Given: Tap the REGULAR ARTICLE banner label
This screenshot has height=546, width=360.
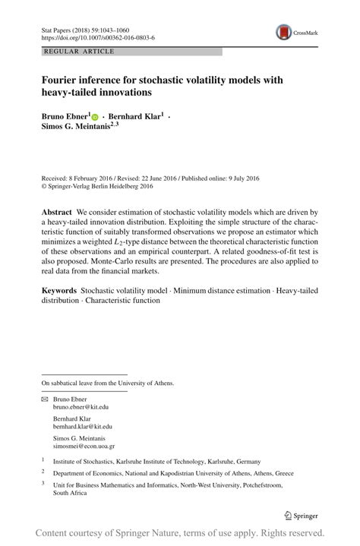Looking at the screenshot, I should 80,52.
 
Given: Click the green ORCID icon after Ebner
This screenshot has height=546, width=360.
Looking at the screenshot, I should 95,117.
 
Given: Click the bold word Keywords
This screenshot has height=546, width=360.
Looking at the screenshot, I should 59,291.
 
